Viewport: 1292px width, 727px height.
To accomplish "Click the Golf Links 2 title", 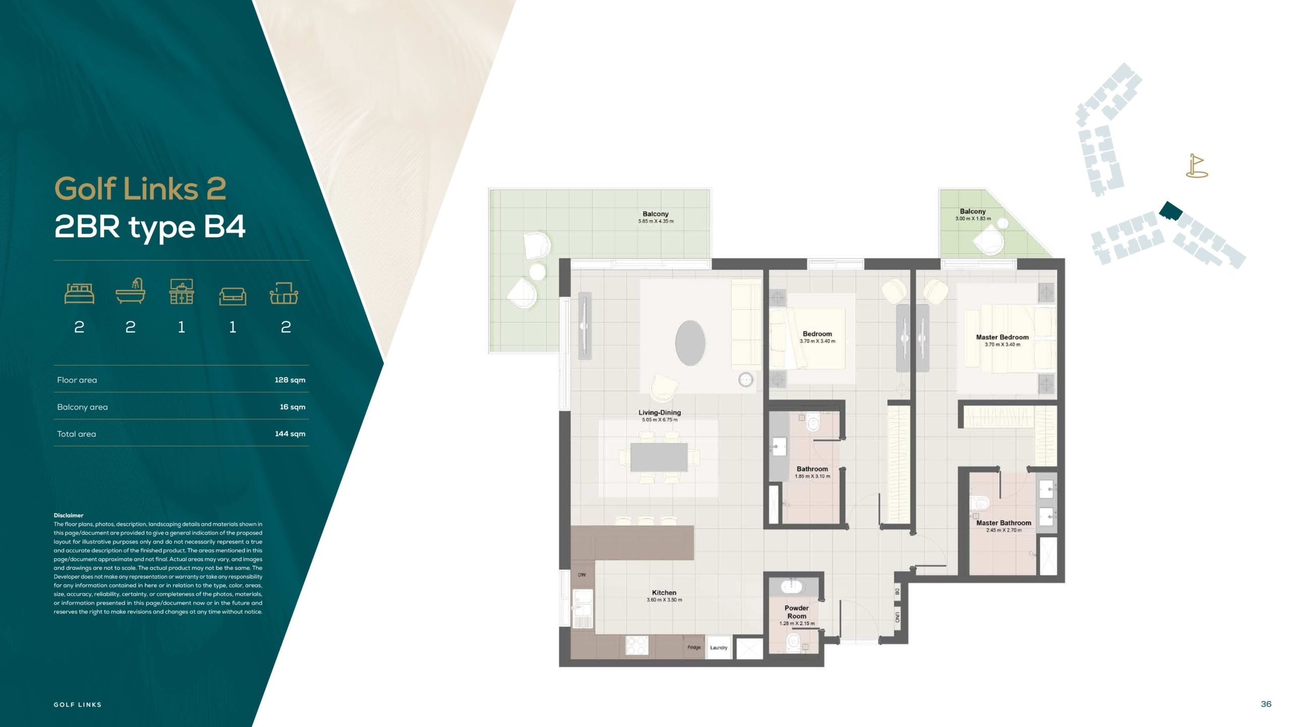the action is point(140,189).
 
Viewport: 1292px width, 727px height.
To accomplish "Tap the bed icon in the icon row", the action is point(79,293).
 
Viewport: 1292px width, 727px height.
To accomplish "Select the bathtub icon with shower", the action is point(130,291).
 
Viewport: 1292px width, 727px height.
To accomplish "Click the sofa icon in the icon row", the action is point(233,296).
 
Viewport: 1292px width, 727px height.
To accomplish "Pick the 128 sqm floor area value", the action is point(290,380).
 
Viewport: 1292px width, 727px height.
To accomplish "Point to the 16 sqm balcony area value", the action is point(293,407).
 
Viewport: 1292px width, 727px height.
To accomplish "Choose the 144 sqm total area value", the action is point(290,434).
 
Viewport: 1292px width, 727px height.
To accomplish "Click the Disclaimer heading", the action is point(69,515).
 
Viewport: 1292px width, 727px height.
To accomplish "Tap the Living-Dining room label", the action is point(660,412).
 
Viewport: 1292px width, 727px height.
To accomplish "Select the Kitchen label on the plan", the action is point(664,593).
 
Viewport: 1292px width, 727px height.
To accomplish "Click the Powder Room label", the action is point(797,612).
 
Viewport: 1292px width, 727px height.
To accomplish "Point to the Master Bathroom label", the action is point(1004,523).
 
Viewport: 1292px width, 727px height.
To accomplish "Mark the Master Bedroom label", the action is point(1002,337).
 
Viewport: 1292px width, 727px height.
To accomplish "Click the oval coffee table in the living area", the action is point(690,343).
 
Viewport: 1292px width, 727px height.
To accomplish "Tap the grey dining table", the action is point(659,457).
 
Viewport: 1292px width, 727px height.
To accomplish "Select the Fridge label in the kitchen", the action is point(694,647).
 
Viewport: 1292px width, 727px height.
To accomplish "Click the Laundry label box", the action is point(719,647).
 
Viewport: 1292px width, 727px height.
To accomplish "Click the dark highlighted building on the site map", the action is point(1170,211).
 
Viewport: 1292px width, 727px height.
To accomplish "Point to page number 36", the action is point(1266,704).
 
